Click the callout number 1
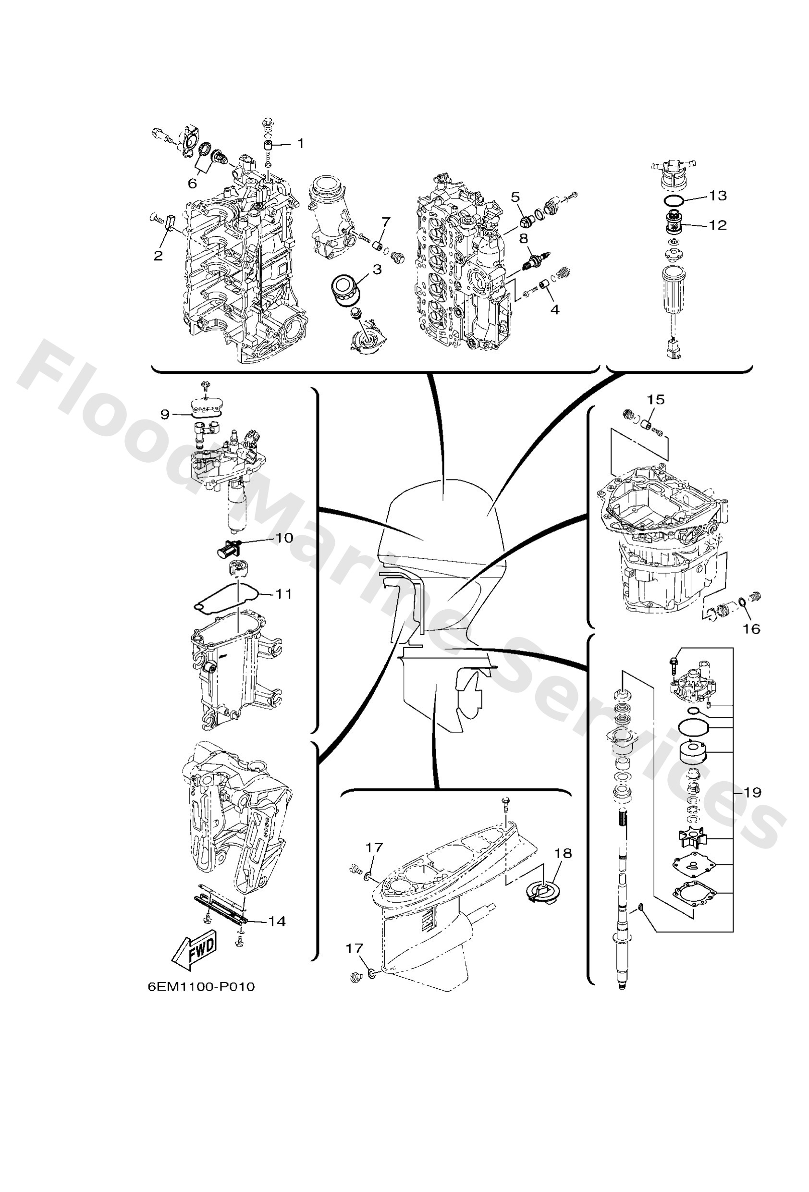coord(300,143)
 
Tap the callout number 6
coord(192,184)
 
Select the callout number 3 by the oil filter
coord(377,269)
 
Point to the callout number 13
coord(718,195)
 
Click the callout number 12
coord(718,225)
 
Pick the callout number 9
coord(165,414)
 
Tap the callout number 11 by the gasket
coord(284,593)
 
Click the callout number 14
coord(277,921)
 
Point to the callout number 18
coord(563,853)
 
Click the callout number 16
coord(751,628)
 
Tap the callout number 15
coord(656,399)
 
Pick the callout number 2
coord(158,255)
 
